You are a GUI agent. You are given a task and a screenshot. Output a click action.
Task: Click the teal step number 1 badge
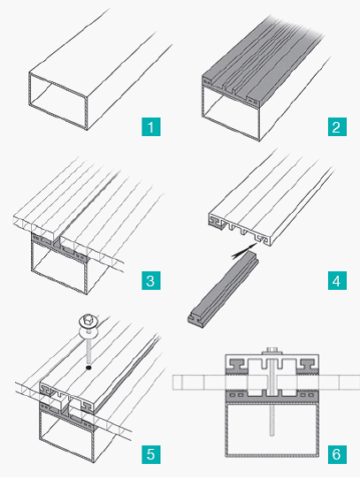[150, 126]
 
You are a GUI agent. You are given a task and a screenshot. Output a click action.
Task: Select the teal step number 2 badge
[337, 126]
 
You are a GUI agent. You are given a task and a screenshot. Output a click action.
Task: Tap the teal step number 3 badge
[150, 280]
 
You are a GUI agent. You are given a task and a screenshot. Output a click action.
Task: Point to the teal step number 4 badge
[337, 280]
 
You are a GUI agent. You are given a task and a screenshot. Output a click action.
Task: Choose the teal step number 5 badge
[150, 454]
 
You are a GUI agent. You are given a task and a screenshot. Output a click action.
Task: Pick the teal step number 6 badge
[337, 454]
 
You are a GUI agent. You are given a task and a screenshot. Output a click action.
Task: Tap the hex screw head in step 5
[88, 321]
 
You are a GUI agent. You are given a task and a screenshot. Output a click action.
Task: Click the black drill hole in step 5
[88, 368]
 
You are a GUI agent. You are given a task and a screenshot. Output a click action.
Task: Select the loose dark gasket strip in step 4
[223, 290]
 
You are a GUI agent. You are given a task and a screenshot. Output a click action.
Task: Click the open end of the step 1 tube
[58, 101]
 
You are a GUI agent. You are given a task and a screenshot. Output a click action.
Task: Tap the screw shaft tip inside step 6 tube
[272, 433]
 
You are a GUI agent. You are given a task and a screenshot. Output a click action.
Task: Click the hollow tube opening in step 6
[272, 430]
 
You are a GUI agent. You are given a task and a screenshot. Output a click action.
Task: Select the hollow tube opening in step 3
[59, 267]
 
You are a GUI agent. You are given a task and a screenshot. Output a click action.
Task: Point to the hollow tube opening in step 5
[66, 437]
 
